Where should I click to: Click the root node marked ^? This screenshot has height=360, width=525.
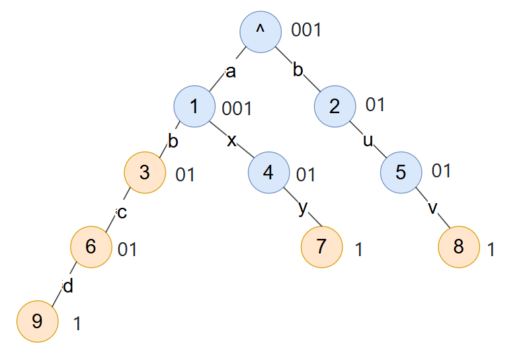[x=261, y=32]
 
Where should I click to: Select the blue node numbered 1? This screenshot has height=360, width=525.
[x=194, y=107]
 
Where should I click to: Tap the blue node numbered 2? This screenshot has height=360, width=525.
[x=335, y=107]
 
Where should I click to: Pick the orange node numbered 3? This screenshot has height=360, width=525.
[x=145, y=173]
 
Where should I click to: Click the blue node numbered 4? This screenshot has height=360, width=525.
[x=268, y=173]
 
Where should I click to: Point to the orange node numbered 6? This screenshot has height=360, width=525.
[x=91, y=247]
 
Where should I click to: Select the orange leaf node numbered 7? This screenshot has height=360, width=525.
[x=321, y=247]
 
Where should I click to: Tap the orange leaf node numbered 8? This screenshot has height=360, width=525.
[x=458, y=247]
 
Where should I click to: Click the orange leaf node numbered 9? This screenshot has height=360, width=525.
[x=37, y=322]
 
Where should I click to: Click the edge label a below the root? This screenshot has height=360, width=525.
[x=230, y=72]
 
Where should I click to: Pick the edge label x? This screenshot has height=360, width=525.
[x=232, y=141]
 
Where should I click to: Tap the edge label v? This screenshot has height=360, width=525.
[x=433, y=208]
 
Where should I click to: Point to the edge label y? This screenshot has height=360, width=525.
[x=303, y=208]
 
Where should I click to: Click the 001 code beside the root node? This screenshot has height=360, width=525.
[x=306, y=30]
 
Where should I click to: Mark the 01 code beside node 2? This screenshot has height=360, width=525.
[x=375, y=105]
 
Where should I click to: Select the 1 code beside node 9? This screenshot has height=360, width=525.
[x=77, y=324]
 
